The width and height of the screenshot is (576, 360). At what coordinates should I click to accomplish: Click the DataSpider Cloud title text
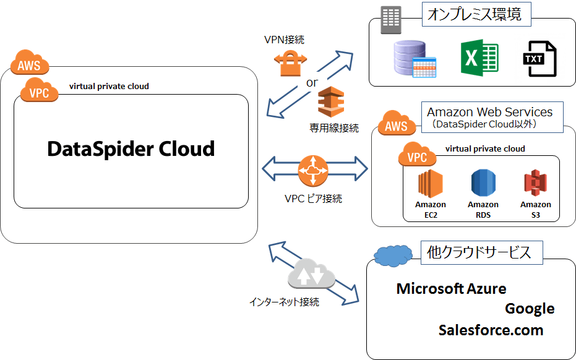click(x=131, y=149)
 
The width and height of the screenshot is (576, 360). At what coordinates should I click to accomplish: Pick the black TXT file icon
click(x=539, y=59)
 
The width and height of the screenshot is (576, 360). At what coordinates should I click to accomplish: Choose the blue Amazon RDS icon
click(x=483, y=184)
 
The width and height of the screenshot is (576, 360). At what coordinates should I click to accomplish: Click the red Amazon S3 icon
click(x=535, y=184)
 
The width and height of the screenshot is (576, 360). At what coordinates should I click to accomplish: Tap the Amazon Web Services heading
click(x=489, y=113)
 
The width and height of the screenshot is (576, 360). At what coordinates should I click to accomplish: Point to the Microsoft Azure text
click(x=451, y=288)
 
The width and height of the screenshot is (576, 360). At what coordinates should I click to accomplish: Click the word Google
click(x=530, y=309)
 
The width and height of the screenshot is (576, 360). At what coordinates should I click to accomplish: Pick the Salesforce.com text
click(x=491, y=330)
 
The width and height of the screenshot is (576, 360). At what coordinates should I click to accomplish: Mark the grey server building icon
click(x=390, y=20)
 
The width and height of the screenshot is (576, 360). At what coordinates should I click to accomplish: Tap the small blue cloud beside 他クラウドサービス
click(x=394, y=255)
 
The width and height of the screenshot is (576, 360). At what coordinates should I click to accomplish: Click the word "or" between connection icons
click(x=313, y=82)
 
